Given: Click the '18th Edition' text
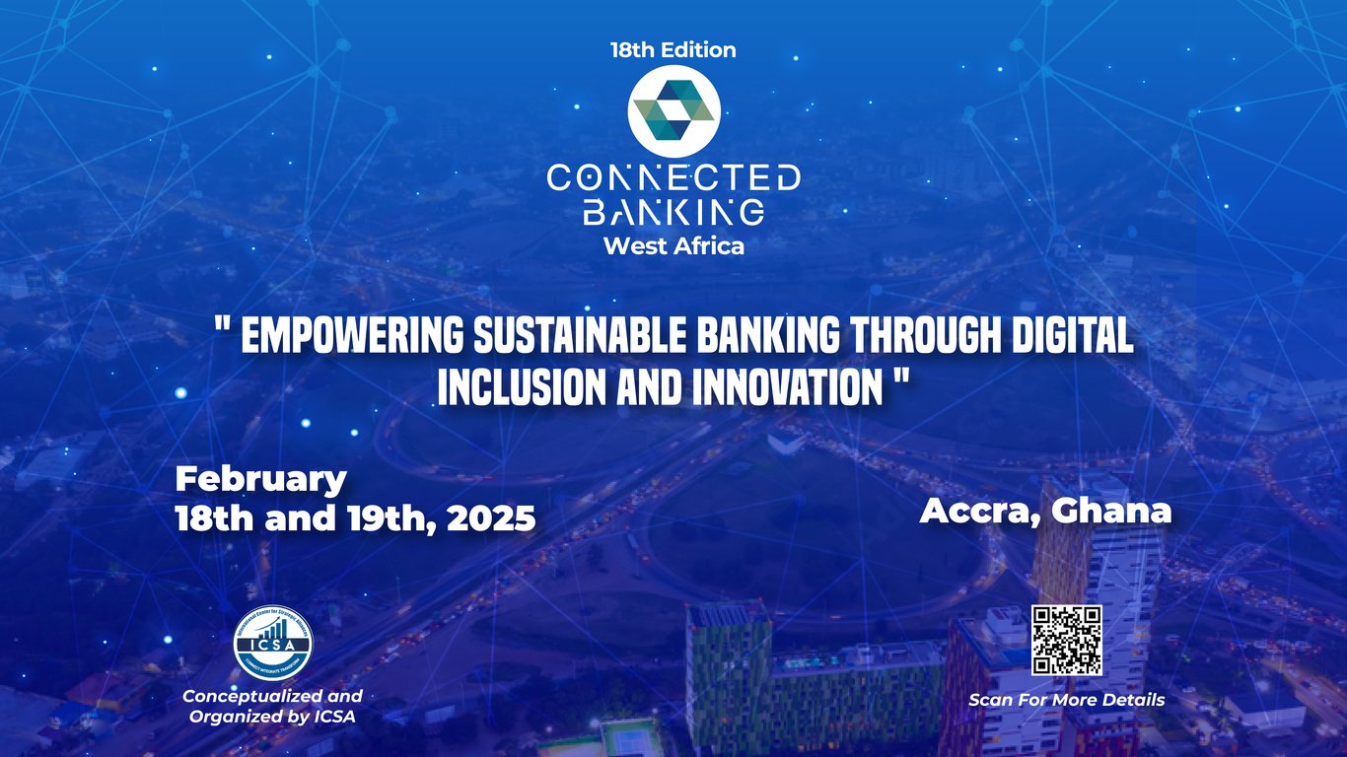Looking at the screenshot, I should pyautogui.click(x=673, y=49).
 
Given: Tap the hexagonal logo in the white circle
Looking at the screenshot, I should pyautogui.click(x=673, y=111).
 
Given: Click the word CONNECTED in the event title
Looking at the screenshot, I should pyautogui.click(x=673, y=178).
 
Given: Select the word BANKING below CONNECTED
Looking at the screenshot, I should pyautogui.click(x=673, y=211).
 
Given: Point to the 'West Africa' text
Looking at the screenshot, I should pyautogui.click(x=673, y=246).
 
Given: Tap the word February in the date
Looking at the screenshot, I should pyautogui.click(x=261, y=480).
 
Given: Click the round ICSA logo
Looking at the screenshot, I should pyautogui.click(x=271, y=644).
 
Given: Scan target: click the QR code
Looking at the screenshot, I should pyautogui.click(x=1066, y=640).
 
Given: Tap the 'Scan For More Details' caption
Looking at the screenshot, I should pyautogui.click(x=1066, y=700).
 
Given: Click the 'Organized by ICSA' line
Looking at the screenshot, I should pyautogui.click(x=272, y=717).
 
